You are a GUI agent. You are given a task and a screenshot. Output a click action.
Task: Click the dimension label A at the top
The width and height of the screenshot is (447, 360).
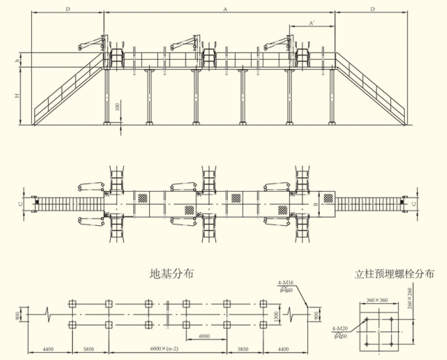click(225, 9)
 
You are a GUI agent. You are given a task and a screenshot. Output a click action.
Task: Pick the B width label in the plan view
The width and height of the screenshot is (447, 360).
click(315, 205)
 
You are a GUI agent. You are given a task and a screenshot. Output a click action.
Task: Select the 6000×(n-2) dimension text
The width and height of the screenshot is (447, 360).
click(166, 349)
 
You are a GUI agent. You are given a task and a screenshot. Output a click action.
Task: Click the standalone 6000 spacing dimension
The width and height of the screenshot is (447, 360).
click(205, 336)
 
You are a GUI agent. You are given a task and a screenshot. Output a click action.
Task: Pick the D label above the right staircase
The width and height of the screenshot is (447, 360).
click(372, 9)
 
